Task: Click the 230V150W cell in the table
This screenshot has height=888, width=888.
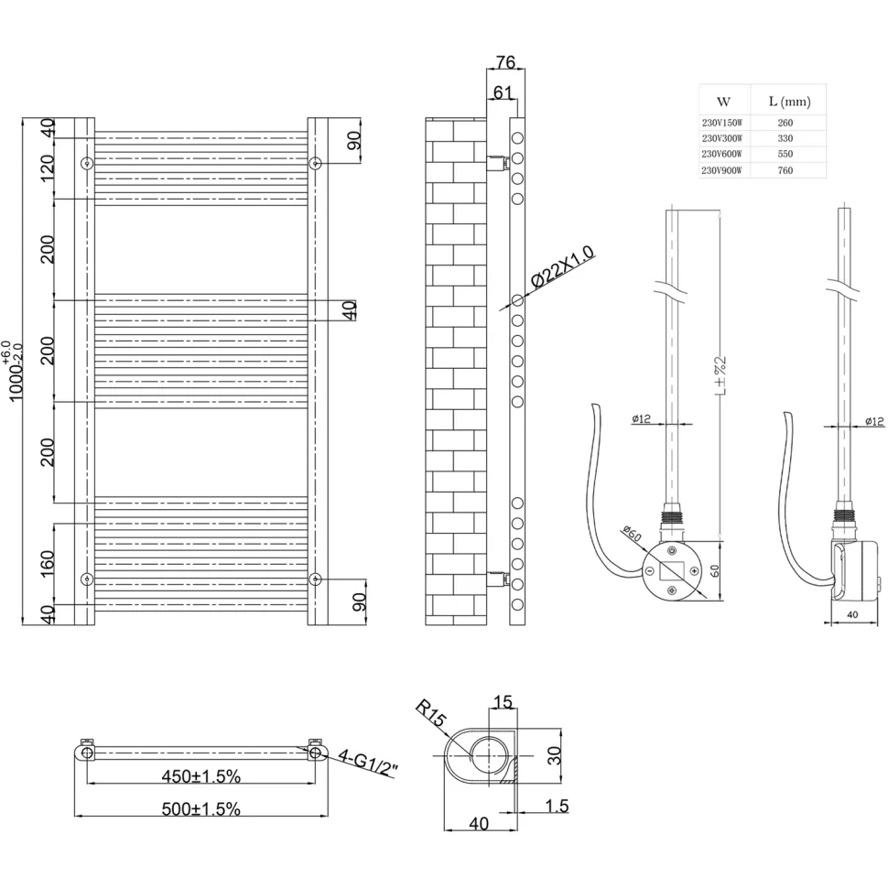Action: pos(722,123)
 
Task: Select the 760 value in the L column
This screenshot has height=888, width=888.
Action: pos(785,170)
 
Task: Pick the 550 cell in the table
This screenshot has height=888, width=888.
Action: pos(785,154)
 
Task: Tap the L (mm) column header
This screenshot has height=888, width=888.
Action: pos(789,102)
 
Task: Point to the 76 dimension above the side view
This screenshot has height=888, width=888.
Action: pos(505,61)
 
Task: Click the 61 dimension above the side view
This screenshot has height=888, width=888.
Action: pos(503,92)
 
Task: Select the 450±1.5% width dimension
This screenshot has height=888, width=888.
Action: pos(201,776)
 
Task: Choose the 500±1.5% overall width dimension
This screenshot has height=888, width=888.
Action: pos(201,808)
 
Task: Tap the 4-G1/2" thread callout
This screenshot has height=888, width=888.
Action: pos(368,763)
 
